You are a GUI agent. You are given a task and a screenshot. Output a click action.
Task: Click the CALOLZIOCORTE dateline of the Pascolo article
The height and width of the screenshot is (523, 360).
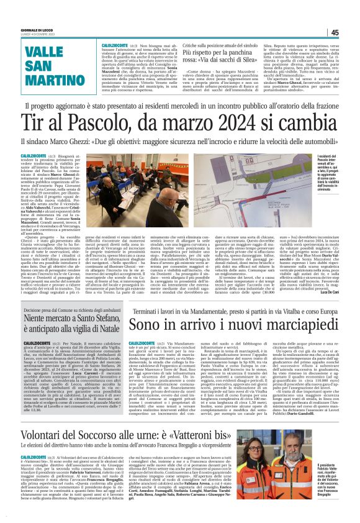(x=30, y=155)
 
